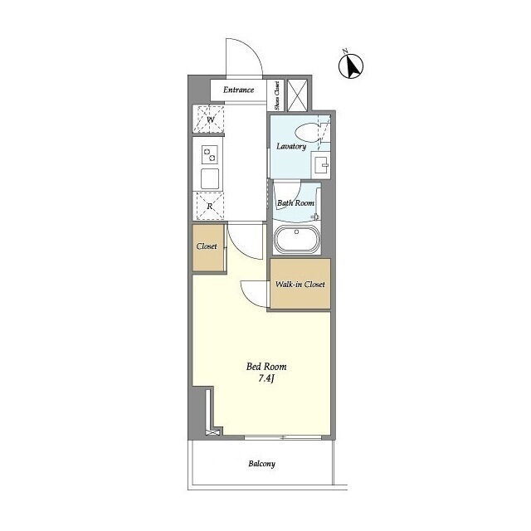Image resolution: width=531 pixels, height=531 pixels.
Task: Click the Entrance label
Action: (x=238, y=90)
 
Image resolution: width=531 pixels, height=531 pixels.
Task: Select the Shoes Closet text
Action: (x=277, y=95)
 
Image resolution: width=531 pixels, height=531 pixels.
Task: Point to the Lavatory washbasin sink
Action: (x=320, y=164)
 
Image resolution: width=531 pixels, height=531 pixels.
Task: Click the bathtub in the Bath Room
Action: (x=296, y=239)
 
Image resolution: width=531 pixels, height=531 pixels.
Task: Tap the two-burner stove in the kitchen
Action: (x=210, y=155)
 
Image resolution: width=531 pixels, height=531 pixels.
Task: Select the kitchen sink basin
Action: (x=210, y=178)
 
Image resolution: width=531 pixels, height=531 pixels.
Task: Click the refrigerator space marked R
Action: (x=209, y=206)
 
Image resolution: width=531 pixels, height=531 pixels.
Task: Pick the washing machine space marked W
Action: (x=209, y=119)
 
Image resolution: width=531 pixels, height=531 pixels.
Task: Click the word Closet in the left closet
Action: (x=207, y=246)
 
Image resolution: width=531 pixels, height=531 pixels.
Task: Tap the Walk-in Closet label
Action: (x=300, y=284)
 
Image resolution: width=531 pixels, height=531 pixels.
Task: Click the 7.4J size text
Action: (x=265, y=378)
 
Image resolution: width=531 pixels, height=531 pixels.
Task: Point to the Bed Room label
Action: (x=266, y=367)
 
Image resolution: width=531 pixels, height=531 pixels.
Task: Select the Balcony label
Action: (x=262, y=464)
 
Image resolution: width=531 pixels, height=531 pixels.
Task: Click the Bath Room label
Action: (x=295, y=202)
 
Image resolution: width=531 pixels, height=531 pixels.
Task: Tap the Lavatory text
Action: (x=291, y=146)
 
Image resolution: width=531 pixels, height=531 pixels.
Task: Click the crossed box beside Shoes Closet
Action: (x=297, y=95)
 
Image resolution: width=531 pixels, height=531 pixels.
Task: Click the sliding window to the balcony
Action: (x=283, y=437)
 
